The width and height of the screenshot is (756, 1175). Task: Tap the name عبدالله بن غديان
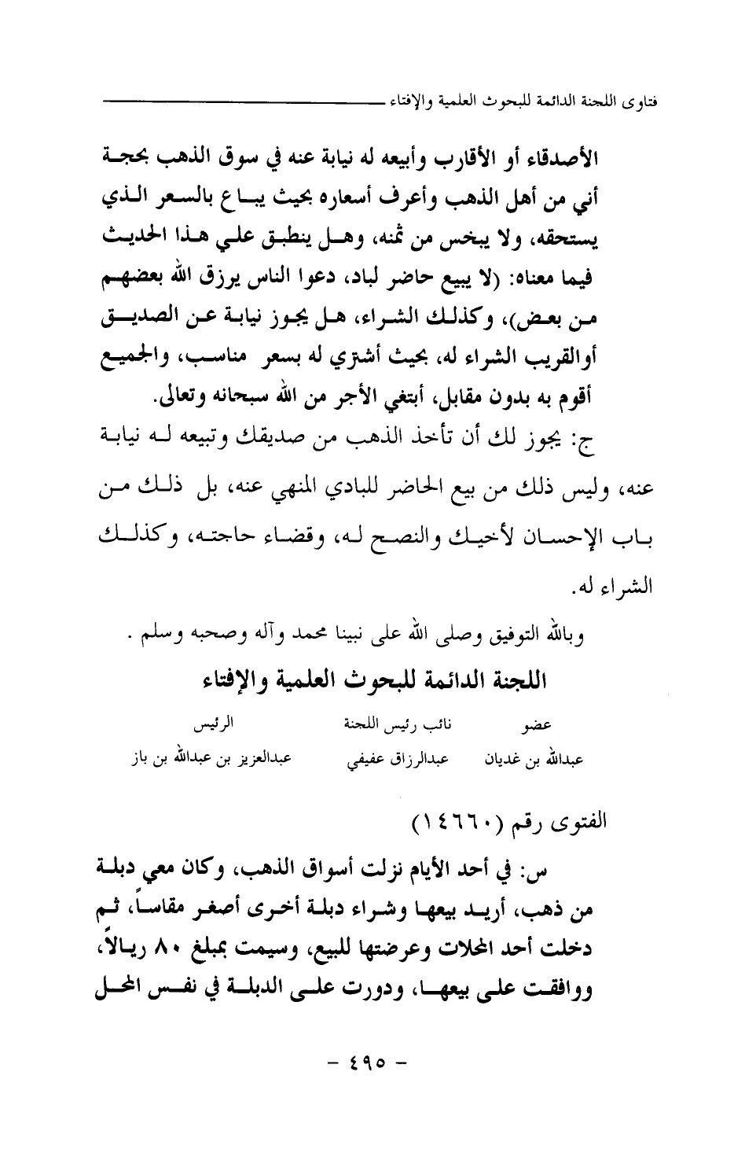(x=533, y=761)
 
